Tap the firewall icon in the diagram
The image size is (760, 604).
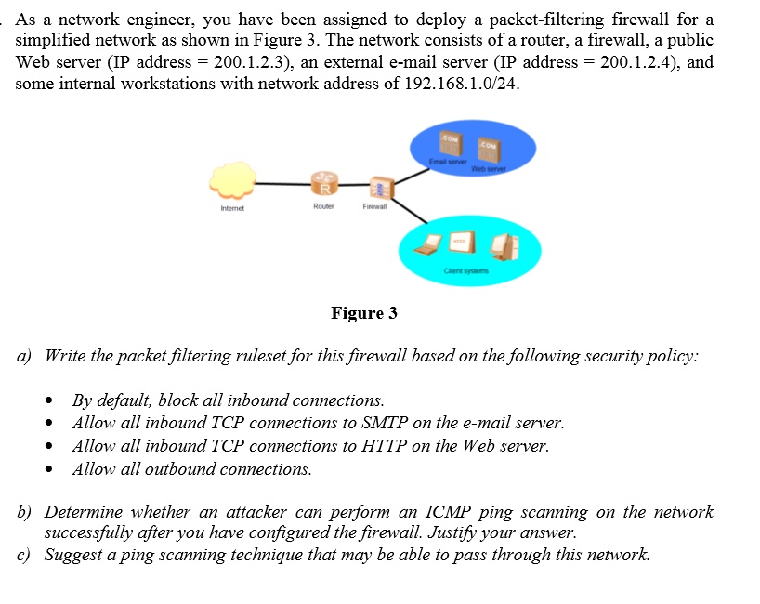click(x=379, y=187)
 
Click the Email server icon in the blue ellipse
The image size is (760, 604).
click(x=449, y=147)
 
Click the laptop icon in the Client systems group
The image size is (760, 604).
click(x=427, y=245)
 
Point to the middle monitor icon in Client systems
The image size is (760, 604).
click(x=461, y=243)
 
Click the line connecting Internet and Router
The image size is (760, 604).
click(x=283, y=183)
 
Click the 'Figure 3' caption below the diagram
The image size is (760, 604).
click(x=364, y=313)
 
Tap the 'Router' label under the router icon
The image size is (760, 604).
click(x=324, y=207)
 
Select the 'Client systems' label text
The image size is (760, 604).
click(x=464, y=271)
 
